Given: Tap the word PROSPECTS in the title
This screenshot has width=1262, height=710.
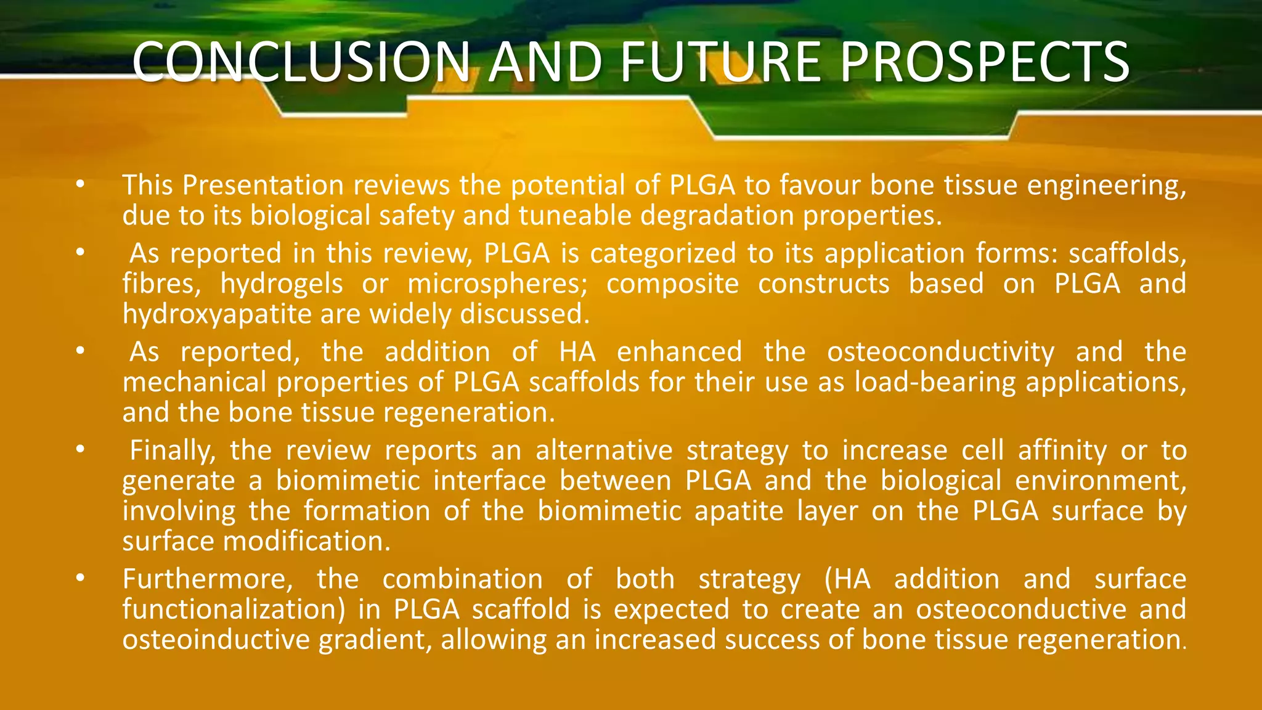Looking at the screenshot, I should click(984, 62).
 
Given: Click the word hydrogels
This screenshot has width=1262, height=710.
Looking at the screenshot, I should click(282, 284).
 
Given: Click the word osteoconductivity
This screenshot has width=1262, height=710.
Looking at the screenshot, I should click(940, 352).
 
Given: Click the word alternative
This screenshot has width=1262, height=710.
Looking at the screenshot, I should click(603, 451).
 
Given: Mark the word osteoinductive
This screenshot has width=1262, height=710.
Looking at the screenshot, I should click(216, 640).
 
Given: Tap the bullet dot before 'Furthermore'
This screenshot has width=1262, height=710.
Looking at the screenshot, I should click(79, 578).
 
